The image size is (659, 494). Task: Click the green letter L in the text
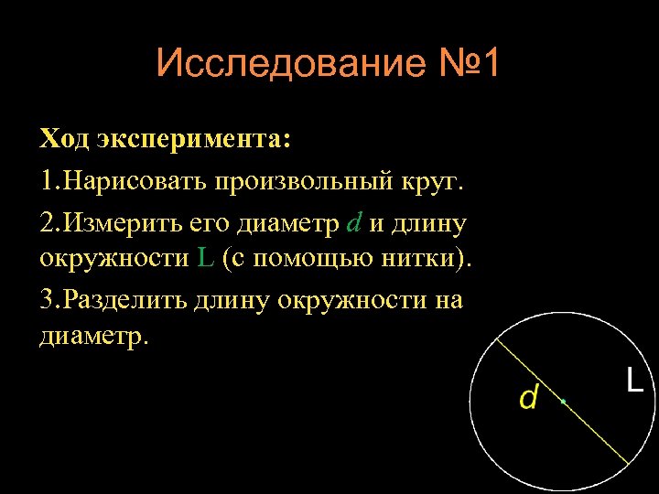[x=206, y=259]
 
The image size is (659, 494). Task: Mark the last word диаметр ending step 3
[x=92, y=337]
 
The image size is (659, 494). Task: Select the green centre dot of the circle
[x=564, y=401]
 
